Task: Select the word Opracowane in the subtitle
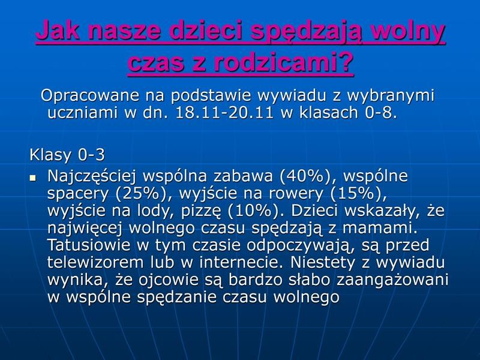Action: (90, 95)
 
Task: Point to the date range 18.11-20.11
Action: (224, 112)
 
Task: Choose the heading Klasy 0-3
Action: (67, 155)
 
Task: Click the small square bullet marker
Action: (33, 178)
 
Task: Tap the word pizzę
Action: (201, 212)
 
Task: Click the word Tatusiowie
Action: (89, 245)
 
